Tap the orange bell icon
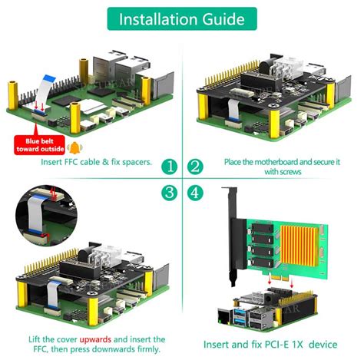(74, 147)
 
